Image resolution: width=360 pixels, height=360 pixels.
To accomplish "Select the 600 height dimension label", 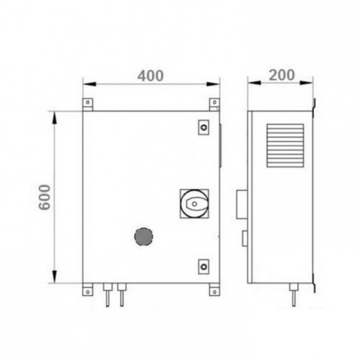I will point(44,195).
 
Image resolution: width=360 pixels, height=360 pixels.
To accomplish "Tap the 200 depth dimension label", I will point(281,76).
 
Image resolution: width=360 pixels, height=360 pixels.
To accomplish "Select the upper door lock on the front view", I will point(204,127).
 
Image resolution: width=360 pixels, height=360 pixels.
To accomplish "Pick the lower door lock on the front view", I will point(204,267).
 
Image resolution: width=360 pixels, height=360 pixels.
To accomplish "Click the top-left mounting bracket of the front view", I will point(88,104).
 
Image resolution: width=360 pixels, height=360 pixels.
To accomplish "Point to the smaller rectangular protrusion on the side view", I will point(243,238).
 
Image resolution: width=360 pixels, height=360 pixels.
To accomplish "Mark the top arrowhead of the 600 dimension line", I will point(55,114).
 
